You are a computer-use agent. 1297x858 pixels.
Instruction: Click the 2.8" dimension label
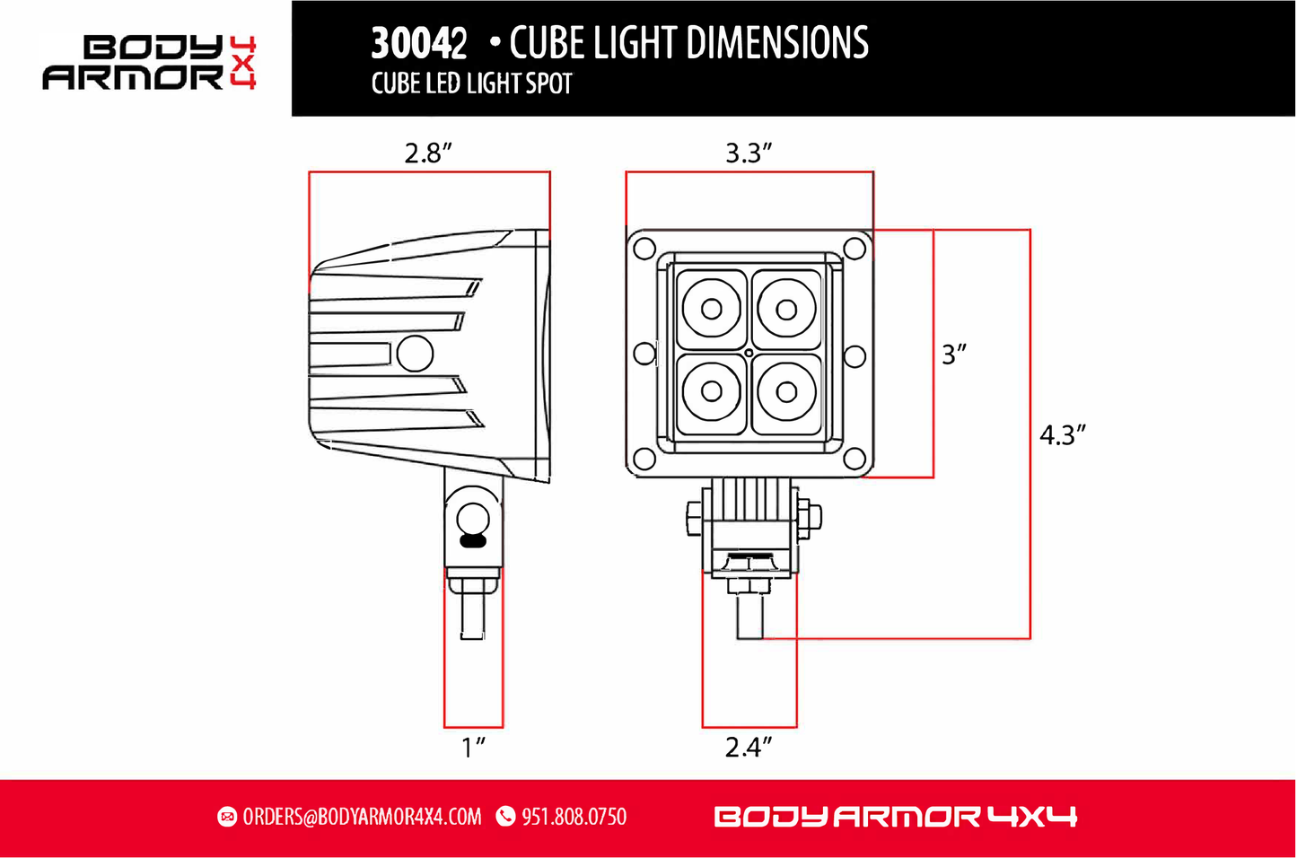[428, 153]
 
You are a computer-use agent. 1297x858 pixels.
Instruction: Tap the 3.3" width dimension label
[749, 153]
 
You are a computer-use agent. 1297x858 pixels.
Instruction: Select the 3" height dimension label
[953, 355]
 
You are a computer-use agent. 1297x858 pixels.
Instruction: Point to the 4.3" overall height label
[1063, 435]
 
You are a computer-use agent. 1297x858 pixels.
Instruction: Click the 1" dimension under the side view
[473, 747]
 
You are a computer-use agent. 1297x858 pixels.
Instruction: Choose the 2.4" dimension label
[749, 747]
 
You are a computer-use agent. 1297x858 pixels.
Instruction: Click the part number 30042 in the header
[419, 43]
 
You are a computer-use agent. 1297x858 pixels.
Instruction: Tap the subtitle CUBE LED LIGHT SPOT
[471, 84]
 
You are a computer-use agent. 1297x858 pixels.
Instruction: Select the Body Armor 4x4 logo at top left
[150, 63]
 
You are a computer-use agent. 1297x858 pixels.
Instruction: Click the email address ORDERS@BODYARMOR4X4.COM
[362, 817]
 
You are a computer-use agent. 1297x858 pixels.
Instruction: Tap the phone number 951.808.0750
[574, 817]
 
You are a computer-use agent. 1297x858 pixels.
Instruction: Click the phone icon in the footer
[506, 817]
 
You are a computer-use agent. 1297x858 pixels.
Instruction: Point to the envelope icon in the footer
[227, 817]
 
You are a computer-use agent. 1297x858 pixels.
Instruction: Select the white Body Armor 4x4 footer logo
[895, 817]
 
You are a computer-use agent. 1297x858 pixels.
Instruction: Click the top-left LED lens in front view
[711, 310]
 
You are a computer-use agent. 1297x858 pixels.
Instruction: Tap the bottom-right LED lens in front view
[786, 392]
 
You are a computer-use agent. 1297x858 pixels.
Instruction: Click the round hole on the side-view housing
[415, 354]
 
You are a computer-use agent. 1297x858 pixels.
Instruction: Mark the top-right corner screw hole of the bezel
[854, 249]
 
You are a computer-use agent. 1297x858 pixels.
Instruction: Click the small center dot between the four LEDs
[749, 353]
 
